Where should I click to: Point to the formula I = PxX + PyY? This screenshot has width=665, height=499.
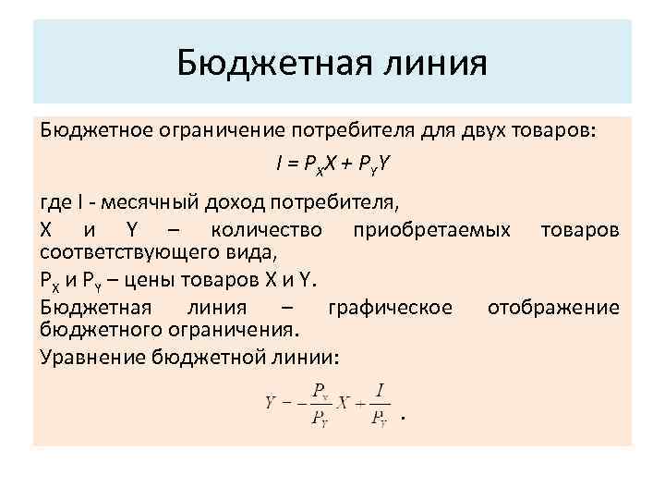point(332,164)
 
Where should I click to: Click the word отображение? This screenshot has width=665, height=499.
point(553,307)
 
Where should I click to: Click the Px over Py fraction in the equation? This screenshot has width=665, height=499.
point(320,403)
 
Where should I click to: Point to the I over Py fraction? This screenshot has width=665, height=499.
point(380,403)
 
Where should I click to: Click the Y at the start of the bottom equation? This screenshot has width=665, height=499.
point(271,403)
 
